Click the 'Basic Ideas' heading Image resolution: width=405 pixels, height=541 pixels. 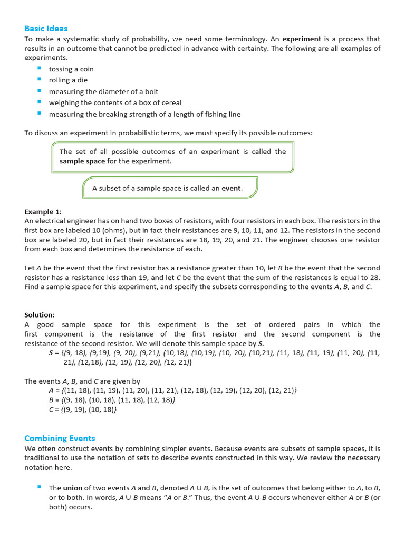[46, 28]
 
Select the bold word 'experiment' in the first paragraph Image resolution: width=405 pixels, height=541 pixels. [302, 39]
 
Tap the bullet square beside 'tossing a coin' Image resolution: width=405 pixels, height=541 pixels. [39, 69]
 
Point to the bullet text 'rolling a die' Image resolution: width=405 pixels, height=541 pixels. [68, 80]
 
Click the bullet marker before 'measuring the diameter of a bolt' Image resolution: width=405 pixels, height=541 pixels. [39, 91]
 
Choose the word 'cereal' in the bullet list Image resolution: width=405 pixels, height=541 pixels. [170, 103]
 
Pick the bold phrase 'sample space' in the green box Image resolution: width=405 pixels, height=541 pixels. [82, 161]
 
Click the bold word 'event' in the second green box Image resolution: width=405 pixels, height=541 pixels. [231, 188]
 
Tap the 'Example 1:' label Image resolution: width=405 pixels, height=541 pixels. [43, 211]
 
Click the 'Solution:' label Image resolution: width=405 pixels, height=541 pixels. [40, 315]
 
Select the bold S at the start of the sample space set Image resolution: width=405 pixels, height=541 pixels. [51, 353]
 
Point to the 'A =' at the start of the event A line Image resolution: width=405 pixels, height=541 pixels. [54, 390]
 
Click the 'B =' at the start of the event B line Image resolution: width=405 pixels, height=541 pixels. [54, 400]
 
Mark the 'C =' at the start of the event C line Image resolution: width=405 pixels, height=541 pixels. [54, 409]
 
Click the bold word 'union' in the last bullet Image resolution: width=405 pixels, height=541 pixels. [73, 488]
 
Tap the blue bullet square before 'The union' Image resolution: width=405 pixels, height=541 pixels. [39, 487]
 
